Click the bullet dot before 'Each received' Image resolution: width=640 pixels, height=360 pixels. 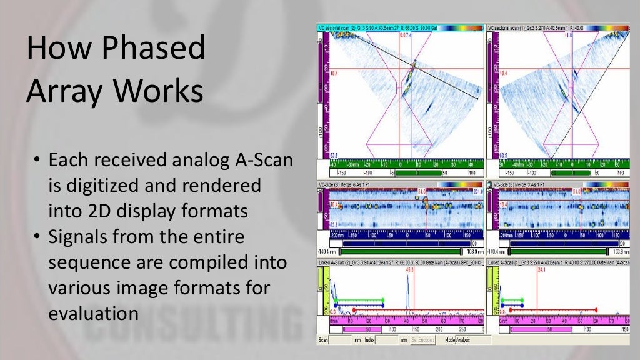click(x=37, y=161)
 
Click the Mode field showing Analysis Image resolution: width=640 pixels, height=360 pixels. click(x=462, y=340)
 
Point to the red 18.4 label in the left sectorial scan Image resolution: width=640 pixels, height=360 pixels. click(x=334, y=72)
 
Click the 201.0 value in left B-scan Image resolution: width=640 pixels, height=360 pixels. click(x=477, y=191)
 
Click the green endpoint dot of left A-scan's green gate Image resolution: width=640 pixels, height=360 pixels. click(x=382, y=300)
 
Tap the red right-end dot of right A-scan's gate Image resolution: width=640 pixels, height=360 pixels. click(x=596, y=309)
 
